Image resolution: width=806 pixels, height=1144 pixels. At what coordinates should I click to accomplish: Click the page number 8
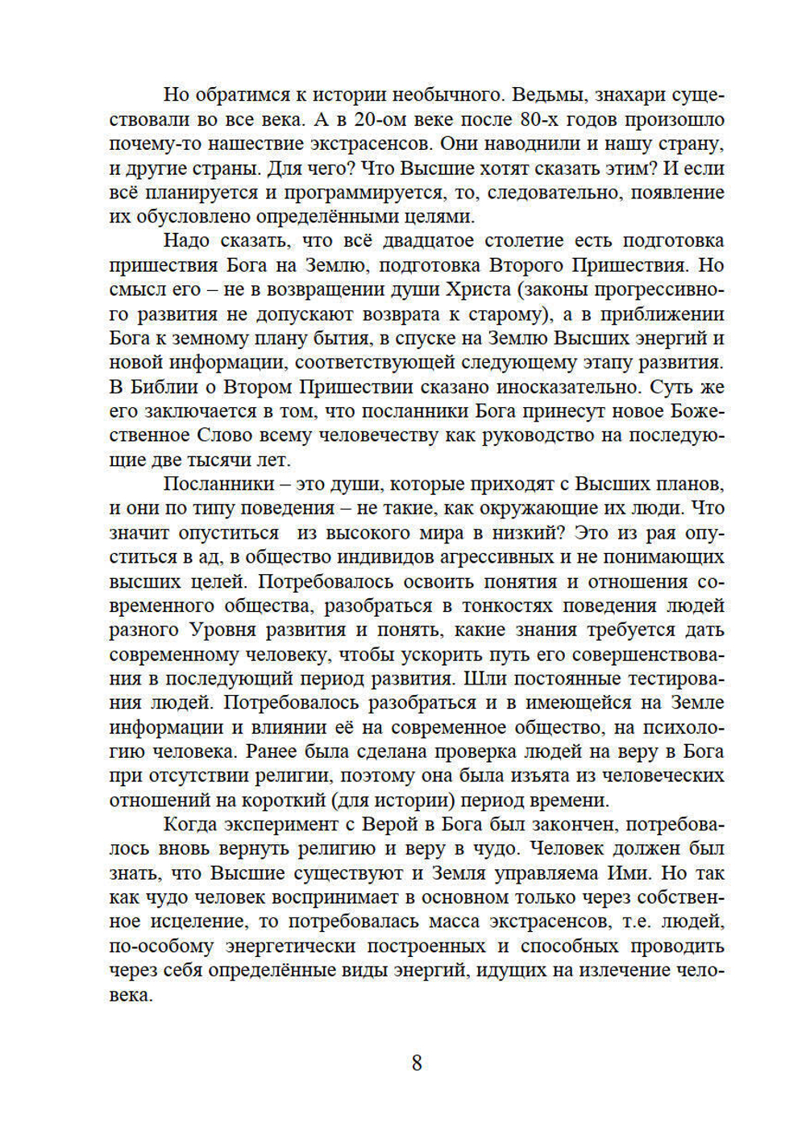point(417,1063)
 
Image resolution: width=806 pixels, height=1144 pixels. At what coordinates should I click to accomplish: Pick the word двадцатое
point(427,241)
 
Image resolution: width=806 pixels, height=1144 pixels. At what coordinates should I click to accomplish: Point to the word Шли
point(485,679)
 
